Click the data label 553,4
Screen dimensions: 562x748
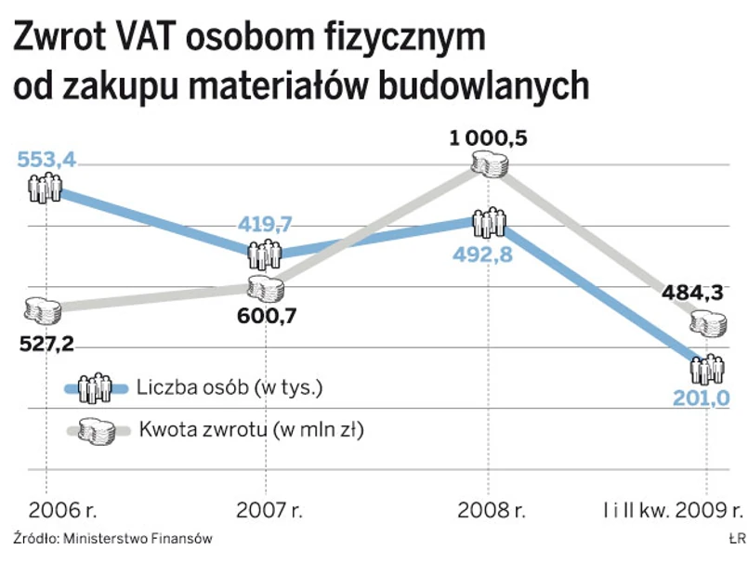click(x=46, y=161)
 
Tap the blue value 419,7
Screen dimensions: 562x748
click(x=265, y=224)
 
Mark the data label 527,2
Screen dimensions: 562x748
click(x=46, y=344)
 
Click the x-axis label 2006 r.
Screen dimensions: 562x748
click(x=62, y=510)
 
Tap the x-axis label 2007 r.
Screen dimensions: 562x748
click(x=269, y=510)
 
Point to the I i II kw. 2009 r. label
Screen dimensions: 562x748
click(x=670, y=510)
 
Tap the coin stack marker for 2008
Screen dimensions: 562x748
click(x=489, y=163)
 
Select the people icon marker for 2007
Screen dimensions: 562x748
click(x=266, y=253)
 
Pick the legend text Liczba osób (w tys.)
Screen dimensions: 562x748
click(x=229, y=387)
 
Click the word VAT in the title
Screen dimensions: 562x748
click(x=145, y=38)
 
